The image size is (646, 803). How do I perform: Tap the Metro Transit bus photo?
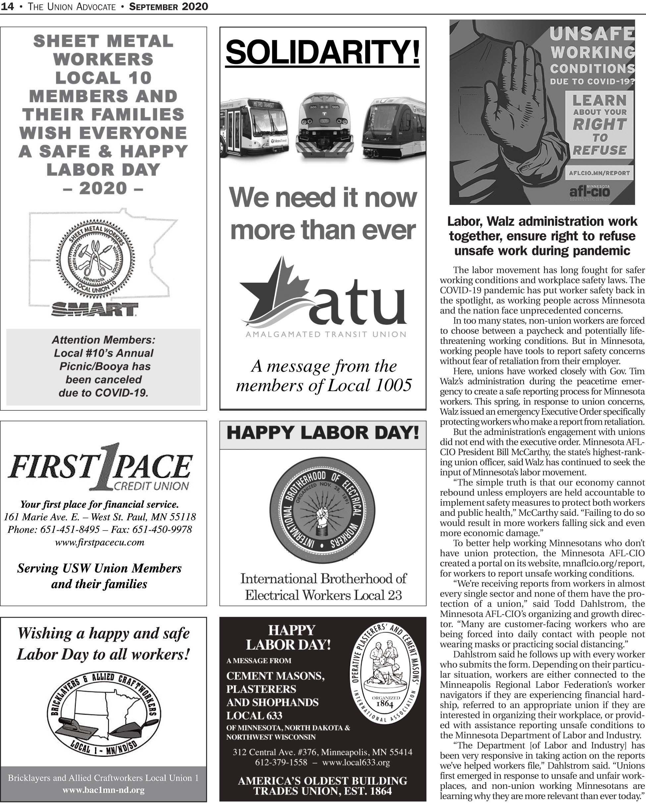point(254,127)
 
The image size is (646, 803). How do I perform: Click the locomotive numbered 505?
point(324,124)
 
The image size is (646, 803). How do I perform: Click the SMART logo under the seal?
point(94,309)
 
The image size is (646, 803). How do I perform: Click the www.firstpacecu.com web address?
point(99,542)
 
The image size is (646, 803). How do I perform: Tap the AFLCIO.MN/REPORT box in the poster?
point(599,173)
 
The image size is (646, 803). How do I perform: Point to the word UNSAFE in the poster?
point(592,34)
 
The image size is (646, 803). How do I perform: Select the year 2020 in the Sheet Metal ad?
point(103,188)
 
